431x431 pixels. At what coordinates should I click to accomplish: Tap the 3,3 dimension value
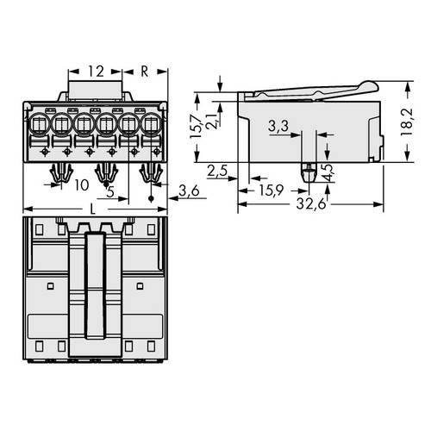pyautogui.click(x=278, y=127)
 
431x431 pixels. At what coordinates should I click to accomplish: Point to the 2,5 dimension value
pyautogui.click(x=217, y=171)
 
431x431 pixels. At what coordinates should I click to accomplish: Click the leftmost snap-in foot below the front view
pyautogui.click(x=61, y=173)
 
